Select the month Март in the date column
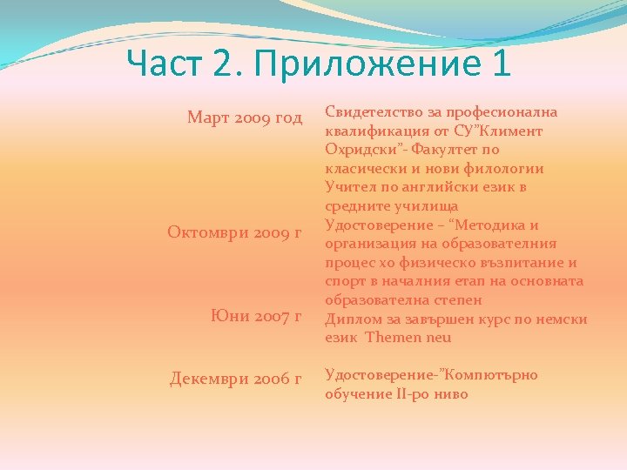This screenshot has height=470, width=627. click(x=208, y=117)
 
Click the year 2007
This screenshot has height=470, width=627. click(x=273, y=316)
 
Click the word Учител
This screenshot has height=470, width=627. click(x=347, y=187)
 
